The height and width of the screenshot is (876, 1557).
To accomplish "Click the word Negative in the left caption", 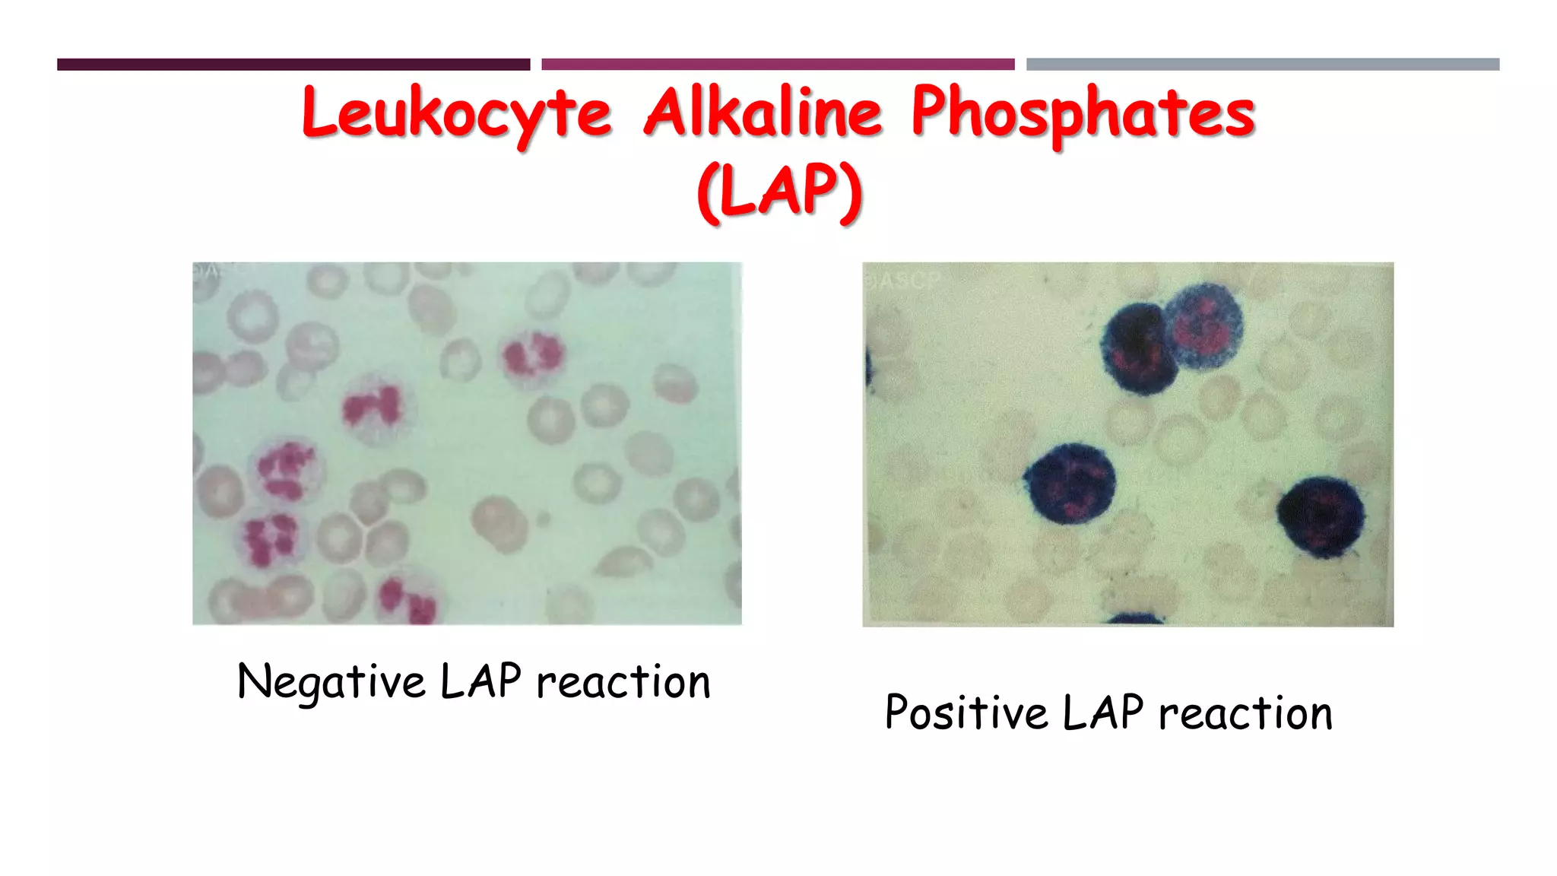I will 331,681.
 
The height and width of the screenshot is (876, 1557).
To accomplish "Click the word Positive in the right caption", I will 966,713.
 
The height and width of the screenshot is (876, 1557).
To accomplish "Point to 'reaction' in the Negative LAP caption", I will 623,681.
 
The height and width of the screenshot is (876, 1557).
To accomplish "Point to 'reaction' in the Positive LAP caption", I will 1245,713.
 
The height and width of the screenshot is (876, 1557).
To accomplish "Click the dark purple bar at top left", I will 293,65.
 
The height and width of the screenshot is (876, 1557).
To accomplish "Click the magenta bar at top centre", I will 778,65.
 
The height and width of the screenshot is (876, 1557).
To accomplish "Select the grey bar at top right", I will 1263,65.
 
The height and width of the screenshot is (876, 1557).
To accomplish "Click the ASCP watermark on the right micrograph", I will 910,281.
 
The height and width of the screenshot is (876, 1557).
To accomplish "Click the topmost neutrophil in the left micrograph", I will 532,355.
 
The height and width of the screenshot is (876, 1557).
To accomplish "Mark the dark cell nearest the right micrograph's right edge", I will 1321,516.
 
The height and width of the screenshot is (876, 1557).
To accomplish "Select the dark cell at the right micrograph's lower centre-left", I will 1070,484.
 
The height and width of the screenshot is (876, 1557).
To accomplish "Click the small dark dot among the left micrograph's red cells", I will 543,519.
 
